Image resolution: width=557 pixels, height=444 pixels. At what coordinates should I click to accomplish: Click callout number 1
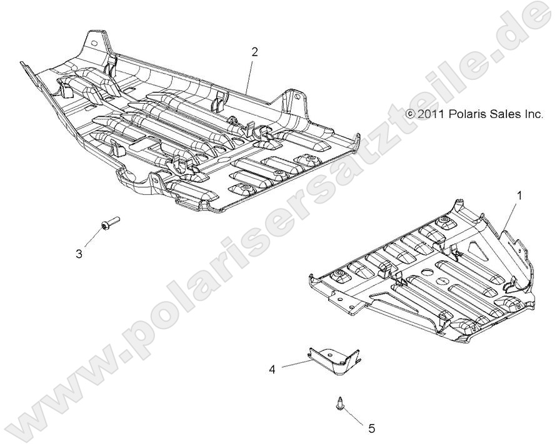coord(518,195)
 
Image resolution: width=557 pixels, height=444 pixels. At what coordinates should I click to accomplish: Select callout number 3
coord(96,253)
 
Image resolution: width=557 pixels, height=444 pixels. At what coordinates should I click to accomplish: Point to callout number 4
coord(272,369)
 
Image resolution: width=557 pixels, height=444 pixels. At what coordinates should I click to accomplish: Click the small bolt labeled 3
coord(109,223)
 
